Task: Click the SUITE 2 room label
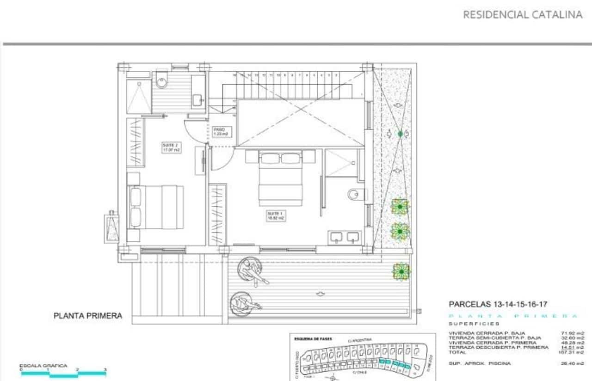(x=171, y=147)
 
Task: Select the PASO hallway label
(x=221, y=132)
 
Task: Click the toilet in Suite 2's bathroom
(x=161, y=81)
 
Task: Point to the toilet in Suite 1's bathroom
(x=354, y=194)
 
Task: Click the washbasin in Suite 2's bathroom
(x=197, y=98)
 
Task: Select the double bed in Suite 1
(x=280, y=178)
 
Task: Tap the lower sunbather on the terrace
(x=244, y=303)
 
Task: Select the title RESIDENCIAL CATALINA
(x=523, y=15)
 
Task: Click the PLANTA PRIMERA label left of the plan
(x=88, y=316)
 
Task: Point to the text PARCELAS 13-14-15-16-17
(x=498, y=304)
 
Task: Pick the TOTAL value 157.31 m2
(x=571, y=352)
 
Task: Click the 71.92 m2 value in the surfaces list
(x=572, y=333)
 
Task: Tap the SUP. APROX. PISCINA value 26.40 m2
(x=571, y=364)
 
